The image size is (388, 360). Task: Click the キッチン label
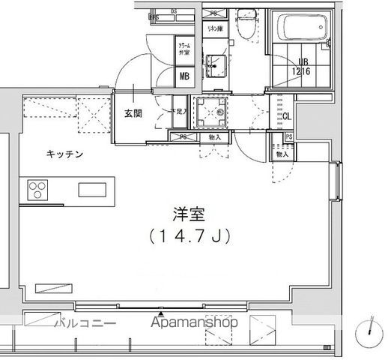(x=65, y=154)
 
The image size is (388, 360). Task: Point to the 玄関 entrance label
(x=133, y=115)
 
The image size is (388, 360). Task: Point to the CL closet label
(x=286, y=115)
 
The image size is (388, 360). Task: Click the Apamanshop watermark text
(x=195, y=323)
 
